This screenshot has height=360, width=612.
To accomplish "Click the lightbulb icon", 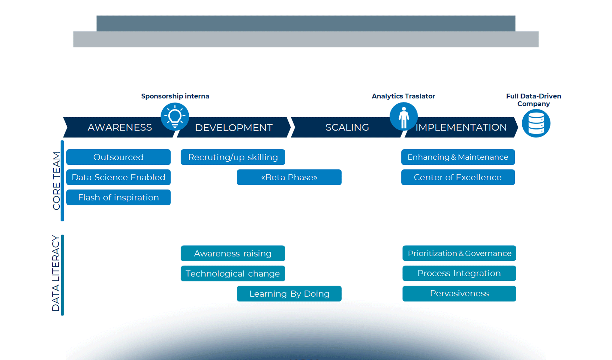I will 175,116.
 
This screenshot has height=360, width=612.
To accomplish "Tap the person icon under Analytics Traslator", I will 403,116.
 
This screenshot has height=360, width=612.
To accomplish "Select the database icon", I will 536,123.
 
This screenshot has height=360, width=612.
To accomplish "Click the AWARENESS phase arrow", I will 120,127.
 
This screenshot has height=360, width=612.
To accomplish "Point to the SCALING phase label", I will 347,127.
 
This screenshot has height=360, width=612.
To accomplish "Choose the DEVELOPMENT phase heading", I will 234,128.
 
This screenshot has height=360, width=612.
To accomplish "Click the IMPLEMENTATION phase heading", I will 461,127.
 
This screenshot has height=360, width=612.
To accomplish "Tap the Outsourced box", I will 118,157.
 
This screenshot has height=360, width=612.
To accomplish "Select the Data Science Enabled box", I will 118,177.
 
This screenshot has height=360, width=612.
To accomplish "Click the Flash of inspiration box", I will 118,197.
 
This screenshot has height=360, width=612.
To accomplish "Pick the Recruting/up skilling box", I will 233,157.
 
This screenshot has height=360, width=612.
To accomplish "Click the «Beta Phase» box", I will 289,177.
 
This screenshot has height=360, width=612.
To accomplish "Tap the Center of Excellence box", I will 458,177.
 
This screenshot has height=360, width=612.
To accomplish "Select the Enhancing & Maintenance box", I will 458,157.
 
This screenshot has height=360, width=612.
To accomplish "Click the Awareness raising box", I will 233,253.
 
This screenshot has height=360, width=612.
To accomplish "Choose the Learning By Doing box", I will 289,294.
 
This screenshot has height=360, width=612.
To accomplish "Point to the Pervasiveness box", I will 459,293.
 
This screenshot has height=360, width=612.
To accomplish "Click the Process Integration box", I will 459,273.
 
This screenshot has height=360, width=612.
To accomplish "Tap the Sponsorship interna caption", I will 175,96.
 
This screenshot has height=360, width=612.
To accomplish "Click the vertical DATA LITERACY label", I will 56,273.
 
